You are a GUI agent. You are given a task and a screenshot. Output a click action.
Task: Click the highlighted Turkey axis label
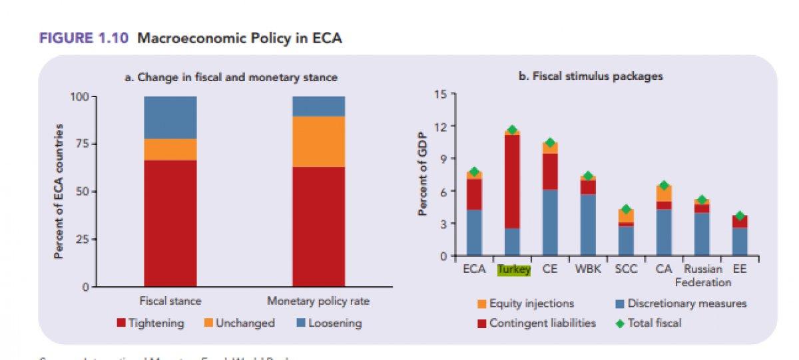tap(514, 270)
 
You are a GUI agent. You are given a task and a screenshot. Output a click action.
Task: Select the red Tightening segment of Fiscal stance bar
tap(170, 223)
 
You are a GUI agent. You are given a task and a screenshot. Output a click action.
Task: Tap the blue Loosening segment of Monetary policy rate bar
tap(318, 106)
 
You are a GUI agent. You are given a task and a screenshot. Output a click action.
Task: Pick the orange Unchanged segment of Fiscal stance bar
tap(170, 149)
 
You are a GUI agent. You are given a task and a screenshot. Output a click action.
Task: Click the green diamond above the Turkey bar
tap(512, 130)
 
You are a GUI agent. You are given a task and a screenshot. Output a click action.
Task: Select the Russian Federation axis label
tap(702, 275)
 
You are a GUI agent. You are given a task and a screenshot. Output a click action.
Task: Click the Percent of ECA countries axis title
tap(59, 191)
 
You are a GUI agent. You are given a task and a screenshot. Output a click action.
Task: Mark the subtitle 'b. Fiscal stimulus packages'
tap(591, 77)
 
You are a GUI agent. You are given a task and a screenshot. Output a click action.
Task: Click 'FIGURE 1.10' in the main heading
tap(85, 39)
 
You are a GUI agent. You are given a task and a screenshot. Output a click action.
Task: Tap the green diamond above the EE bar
tap(740, 216)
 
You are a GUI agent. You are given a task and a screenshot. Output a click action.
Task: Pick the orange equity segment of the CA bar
tap(664, 193)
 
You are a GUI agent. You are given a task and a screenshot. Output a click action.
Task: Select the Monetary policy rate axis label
tap(318, 301)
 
